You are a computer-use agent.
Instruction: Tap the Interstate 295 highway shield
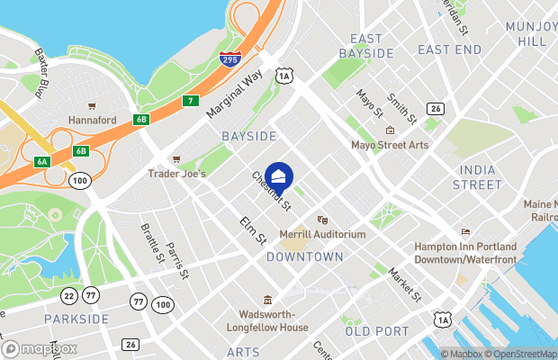click(229, 60)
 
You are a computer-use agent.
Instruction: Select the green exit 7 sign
click(191, 100)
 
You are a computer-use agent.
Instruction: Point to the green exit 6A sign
click(42, 161)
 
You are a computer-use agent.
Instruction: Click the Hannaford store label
click(93, 119)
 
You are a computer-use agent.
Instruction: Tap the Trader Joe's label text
click(178, 173)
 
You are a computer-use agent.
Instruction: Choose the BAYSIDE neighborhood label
click(248, 135)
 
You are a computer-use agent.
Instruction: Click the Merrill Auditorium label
click(328, 234)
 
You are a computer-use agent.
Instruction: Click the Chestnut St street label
click(271, 193)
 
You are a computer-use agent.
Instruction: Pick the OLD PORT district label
click(377, 331)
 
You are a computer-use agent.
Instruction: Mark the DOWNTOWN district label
click(305, 256)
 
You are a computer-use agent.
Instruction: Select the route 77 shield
click(90, 294)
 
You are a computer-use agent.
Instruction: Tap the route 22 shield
click(69, 294)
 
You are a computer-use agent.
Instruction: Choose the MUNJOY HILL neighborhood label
click(531, 33)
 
